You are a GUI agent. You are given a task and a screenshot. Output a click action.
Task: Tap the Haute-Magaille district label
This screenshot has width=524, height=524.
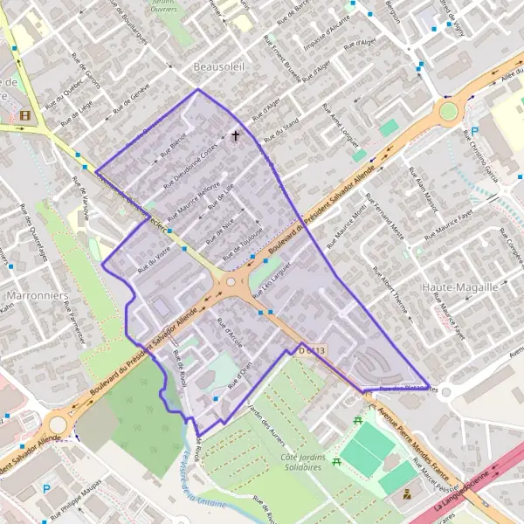tap(459, 286)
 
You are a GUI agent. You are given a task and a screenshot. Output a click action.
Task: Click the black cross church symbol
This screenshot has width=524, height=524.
tap(235, 136)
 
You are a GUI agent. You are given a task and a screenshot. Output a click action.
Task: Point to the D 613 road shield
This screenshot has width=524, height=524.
tap(311, 350)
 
